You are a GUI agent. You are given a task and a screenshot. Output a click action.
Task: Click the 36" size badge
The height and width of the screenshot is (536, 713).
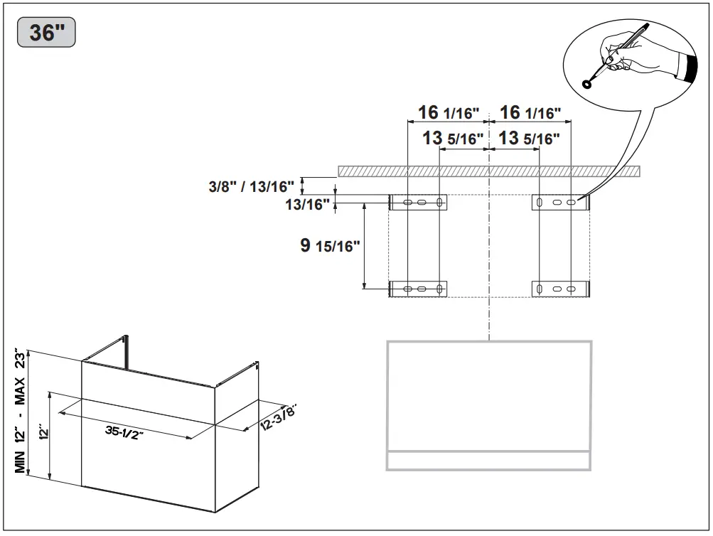click(x=46, y=33)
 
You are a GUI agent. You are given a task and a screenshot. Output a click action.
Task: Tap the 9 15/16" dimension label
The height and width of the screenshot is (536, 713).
click(x=330, y=247)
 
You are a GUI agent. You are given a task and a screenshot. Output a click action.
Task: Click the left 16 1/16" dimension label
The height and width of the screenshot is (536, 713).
click(x=449, y=113)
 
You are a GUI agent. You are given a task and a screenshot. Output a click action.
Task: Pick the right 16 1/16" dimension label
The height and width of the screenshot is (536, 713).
click(x=530, y=113)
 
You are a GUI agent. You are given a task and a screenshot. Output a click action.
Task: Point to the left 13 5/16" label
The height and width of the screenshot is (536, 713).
click(x=453, y=138)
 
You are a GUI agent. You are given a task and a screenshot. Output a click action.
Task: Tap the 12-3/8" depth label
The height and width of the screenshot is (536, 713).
click(x=277, y=417)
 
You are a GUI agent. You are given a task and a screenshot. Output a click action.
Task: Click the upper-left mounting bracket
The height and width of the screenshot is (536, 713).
click(x=418, y=203)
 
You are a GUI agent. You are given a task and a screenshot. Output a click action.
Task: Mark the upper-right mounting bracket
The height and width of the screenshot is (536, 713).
click(x=561, y=203)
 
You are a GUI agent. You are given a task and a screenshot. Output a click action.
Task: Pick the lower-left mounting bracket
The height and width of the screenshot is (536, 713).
click(x=418, y=289)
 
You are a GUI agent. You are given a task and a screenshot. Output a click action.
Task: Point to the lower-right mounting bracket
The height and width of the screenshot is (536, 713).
click(x=561, y=289)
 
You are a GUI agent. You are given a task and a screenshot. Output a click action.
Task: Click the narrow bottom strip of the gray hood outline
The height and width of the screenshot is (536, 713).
click(x=488, y=460)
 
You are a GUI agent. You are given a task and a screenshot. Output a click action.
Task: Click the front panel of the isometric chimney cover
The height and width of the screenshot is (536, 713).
click(x=148, y=435)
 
